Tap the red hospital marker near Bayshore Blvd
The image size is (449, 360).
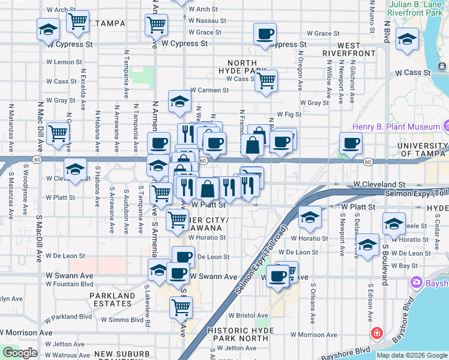tap(376, 333)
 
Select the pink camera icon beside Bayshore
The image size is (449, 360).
tap(416, 282)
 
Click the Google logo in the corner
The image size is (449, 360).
tap(19, 353)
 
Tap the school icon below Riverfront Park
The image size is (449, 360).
tap(408, 40)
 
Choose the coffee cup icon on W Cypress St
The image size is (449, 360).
tap(264, 34)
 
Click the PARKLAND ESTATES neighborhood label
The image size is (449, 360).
tap(112, 299)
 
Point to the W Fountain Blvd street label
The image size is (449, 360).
tap(70, 284)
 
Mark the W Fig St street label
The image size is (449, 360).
tap(289, 114)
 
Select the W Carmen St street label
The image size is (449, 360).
tap(209, 91)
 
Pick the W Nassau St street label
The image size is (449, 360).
tap(206, 20)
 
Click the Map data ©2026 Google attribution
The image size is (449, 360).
tap(412, 355)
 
